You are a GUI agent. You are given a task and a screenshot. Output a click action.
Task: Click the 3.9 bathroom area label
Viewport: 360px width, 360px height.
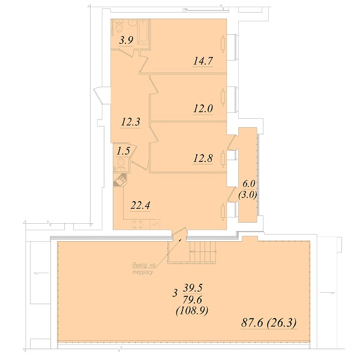pyautogui.click(x=126, y=40)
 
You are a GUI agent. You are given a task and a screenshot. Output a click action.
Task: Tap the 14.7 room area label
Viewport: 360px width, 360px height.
pyautogui.click(x=203, y=61)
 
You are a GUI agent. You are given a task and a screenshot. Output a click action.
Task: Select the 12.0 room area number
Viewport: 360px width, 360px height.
pyautogui.click(x=203, y=109)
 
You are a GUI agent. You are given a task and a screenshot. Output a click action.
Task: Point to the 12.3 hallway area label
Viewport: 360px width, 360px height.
pyautogui.click(x=130, y=122)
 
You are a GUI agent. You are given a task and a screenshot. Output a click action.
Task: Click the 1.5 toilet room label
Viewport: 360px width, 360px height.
pyautogui.click(x=123, y=151)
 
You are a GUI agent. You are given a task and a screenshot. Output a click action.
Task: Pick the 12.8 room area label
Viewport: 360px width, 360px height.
pyautogui.click(x=203, y=158)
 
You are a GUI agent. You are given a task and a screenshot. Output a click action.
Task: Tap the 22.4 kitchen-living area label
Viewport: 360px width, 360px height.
pyautogui.click(x=140, y=205)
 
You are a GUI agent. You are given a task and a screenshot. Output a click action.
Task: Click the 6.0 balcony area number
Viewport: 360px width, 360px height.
pyautogui.click(x=248, y=184)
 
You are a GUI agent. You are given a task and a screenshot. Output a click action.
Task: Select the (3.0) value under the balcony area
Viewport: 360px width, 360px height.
pyautogui.click(x=248, y=194)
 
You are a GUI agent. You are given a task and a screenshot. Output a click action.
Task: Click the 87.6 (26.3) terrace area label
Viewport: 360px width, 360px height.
pyautogui.click(x=269, y=323)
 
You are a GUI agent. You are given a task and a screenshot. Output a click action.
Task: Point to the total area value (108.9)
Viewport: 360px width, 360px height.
pyautogui.click(x=192, y=311)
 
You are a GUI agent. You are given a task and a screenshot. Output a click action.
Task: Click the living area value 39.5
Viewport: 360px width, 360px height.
pyautogui.click(x=193, y=288)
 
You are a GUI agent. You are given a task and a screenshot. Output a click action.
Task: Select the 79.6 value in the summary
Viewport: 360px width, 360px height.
pyautogui.click(x=193, y=299)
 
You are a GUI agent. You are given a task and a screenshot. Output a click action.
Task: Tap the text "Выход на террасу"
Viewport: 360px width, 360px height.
pyautogui.click(x=144, y=269)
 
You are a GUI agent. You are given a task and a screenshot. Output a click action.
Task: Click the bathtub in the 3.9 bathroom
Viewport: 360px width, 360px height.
pyautogui.click(x=143, y=32)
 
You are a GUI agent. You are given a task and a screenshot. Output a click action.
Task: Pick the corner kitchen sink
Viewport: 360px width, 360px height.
pyautogui.click(x=120, y=180)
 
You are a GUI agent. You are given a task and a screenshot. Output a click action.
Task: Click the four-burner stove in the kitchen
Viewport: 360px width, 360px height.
pyautogui.click(x=137, y=224)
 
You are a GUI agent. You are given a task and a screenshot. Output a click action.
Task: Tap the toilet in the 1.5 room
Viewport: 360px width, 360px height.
pyautogui.click(x=121, y=164)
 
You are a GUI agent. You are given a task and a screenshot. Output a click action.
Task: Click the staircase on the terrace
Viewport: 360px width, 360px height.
pyautogui.click(x=203, y=251)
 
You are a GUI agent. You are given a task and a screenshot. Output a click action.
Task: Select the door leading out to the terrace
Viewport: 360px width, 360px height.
pyautogui.click(x=179, y=232)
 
